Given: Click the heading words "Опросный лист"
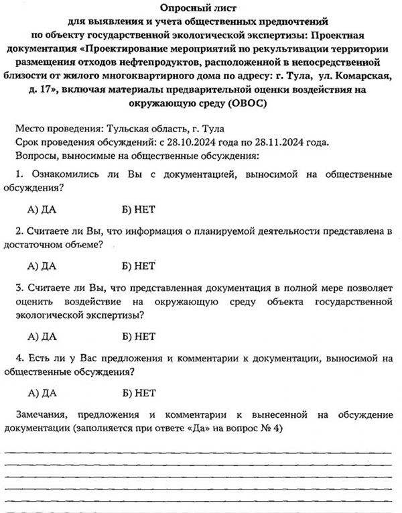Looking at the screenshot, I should [x=200, y=7].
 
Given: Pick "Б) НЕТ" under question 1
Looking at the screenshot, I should [x=139, y=209].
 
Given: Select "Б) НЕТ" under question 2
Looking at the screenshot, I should [x=139, y=266].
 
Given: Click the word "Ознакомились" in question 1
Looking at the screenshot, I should [x=60, y=174].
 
